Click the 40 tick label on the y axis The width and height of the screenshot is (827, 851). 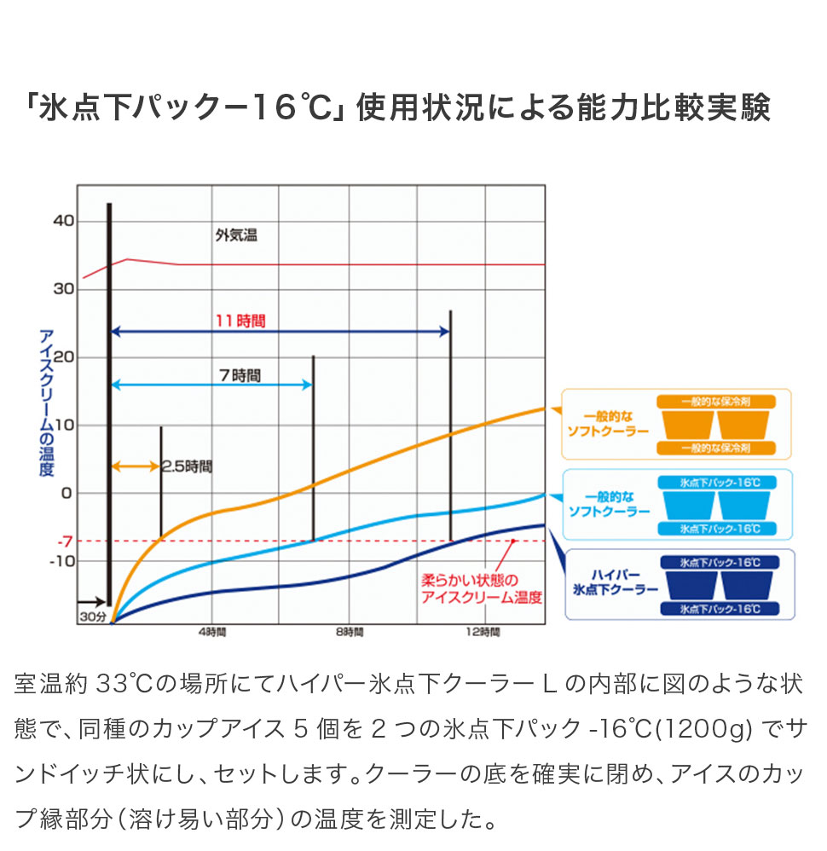(x=63, y=220)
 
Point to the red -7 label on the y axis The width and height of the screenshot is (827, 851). (x=65, y=541)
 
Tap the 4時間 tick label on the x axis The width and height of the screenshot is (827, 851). (x=212, y=632)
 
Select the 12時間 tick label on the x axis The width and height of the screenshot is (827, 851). (x=483, y=632)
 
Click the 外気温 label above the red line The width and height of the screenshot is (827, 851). (x=236, y=235)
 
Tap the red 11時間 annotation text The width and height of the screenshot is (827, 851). (x=240, y=321)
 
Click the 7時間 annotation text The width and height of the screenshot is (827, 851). (x=240, y=375)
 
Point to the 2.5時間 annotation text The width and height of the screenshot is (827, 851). (x=187, y=466)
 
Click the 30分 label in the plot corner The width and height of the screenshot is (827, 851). (x=93, y=617)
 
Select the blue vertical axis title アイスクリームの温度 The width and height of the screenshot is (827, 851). (x=46, y=402)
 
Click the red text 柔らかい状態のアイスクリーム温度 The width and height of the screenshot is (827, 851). (x=482, y=589)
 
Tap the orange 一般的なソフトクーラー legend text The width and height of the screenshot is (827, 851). (x=608, y=424)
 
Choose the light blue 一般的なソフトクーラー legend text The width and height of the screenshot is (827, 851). (x=610, y=504)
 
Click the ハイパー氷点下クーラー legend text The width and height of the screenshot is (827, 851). (x=616, y=582)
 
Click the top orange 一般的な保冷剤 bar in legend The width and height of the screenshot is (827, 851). (x=716, y=402)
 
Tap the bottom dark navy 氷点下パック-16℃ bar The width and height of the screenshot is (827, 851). (x=720, y=609)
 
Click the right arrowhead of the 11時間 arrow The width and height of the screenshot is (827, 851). (x=445, y=331)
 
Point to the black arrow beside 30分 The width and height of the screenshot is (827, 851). (x=91, y=601)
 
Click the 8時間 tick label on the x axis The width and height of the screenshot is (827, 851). (x=350, y=632)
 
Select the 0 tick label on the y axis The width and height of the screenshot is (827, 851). (x=67, y=494)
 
